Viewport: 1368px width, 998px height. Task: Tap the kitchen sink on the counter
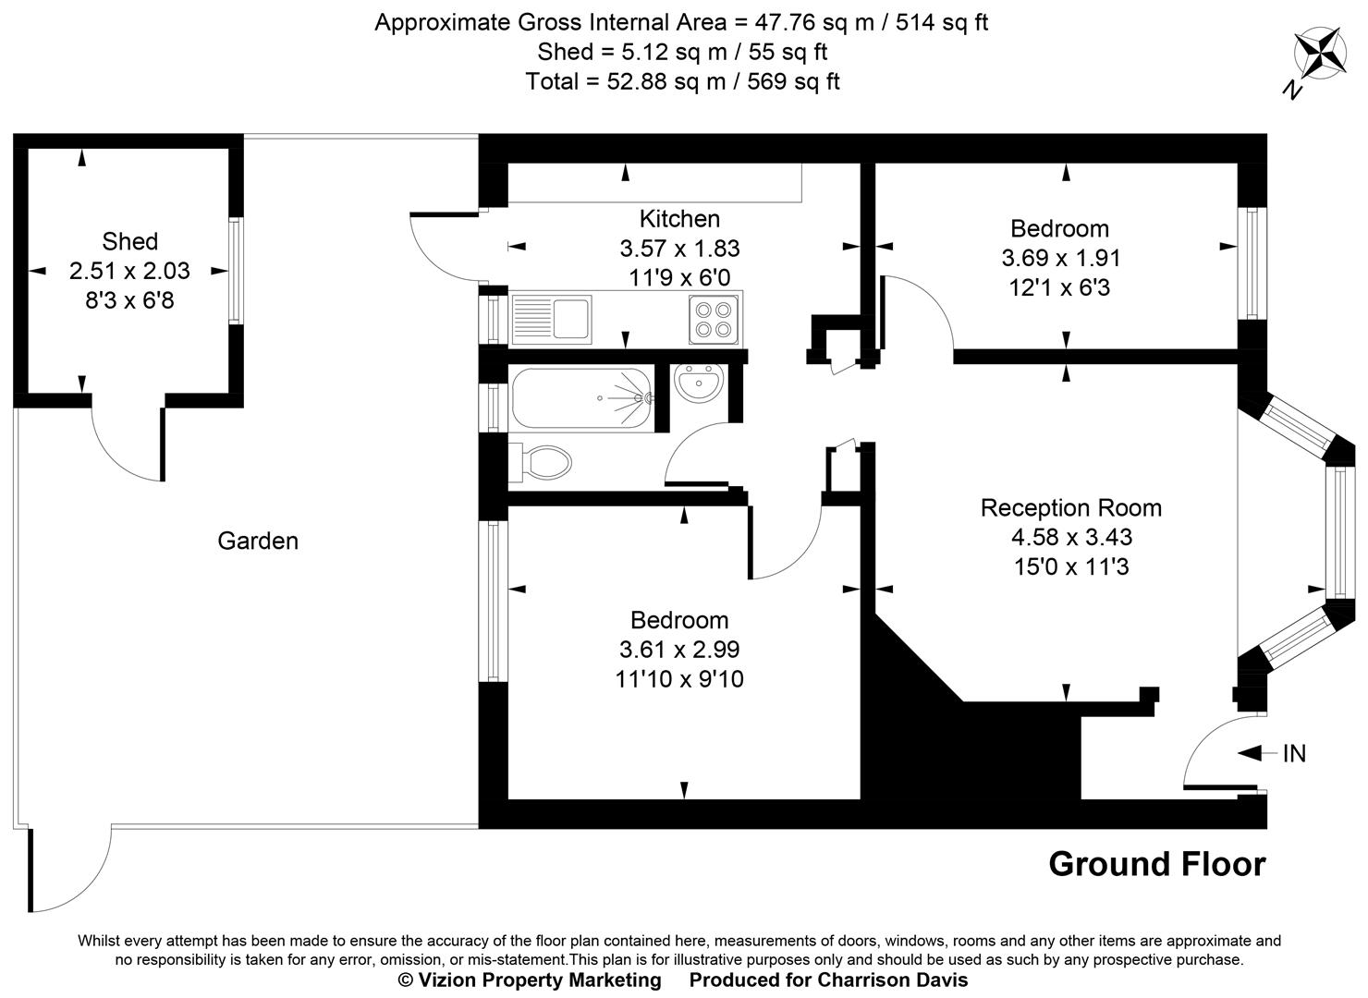[551, 318]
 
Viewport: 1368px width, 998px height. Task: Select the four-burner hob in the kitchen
[715, 318]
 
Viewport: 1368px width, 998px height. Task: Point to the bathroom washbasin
[699, 383]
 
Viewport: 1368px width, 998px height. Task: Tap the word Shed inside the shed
[129, 241]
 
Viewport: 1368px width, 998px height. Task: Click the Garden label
[258, 541]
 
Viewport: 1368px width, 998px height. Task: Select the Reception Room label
[1070, 507]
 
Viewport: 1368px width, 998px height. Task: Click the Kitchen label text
[679, 219]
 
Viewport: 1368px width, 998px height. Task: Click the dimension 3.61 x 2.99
[679, 650]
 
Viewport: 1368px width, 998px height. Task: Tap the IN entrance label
[1294, 754]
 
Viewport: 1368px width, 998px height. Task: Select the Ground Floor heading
[1156, 864]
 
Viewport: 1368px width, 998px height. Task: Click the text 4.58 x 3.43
[1071, 537]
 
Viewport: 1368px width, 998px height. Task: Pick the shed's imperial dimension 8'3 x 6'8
[129, 300]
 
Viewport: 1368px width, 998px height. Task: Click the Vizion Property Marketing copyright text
[530, 980]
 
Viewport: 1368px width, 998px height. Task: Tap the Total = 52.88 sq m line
[682, 81]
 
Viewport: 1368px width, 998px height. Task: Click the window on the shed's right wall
[236, 270]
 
